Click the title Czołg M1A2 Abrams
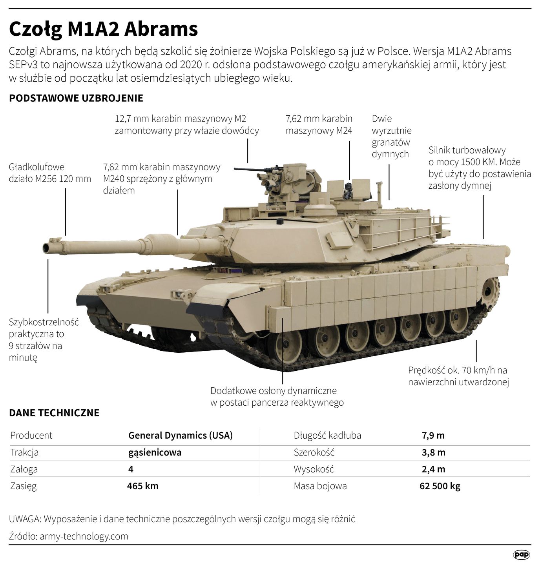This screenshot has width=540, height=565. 103,29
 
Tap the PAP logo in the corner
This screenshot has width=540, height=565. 522,554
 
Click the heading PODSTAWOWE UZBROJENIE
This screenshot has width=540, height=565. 76,98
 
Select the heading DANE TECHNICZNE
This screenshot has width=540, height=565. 54,413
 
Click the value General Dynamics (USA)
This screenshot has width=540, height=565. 181,436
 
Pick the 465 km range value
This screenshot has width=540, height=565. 143,486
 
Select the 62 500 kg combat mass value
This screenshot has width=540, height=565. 440,486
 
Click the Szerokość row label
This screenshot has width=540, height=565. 314,452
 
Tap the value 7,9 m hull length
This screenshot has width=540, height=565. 433,436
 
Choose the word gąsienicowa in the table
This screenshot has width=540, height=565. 155,452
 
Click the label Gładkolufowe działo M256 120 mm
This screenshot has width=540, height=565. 50,173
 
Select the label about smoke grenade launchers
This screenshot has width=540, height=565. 391,136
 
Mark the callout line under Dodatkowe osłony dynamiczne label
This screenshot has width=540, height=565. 283,361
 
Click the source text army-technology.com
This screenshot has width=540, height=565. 84,536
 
